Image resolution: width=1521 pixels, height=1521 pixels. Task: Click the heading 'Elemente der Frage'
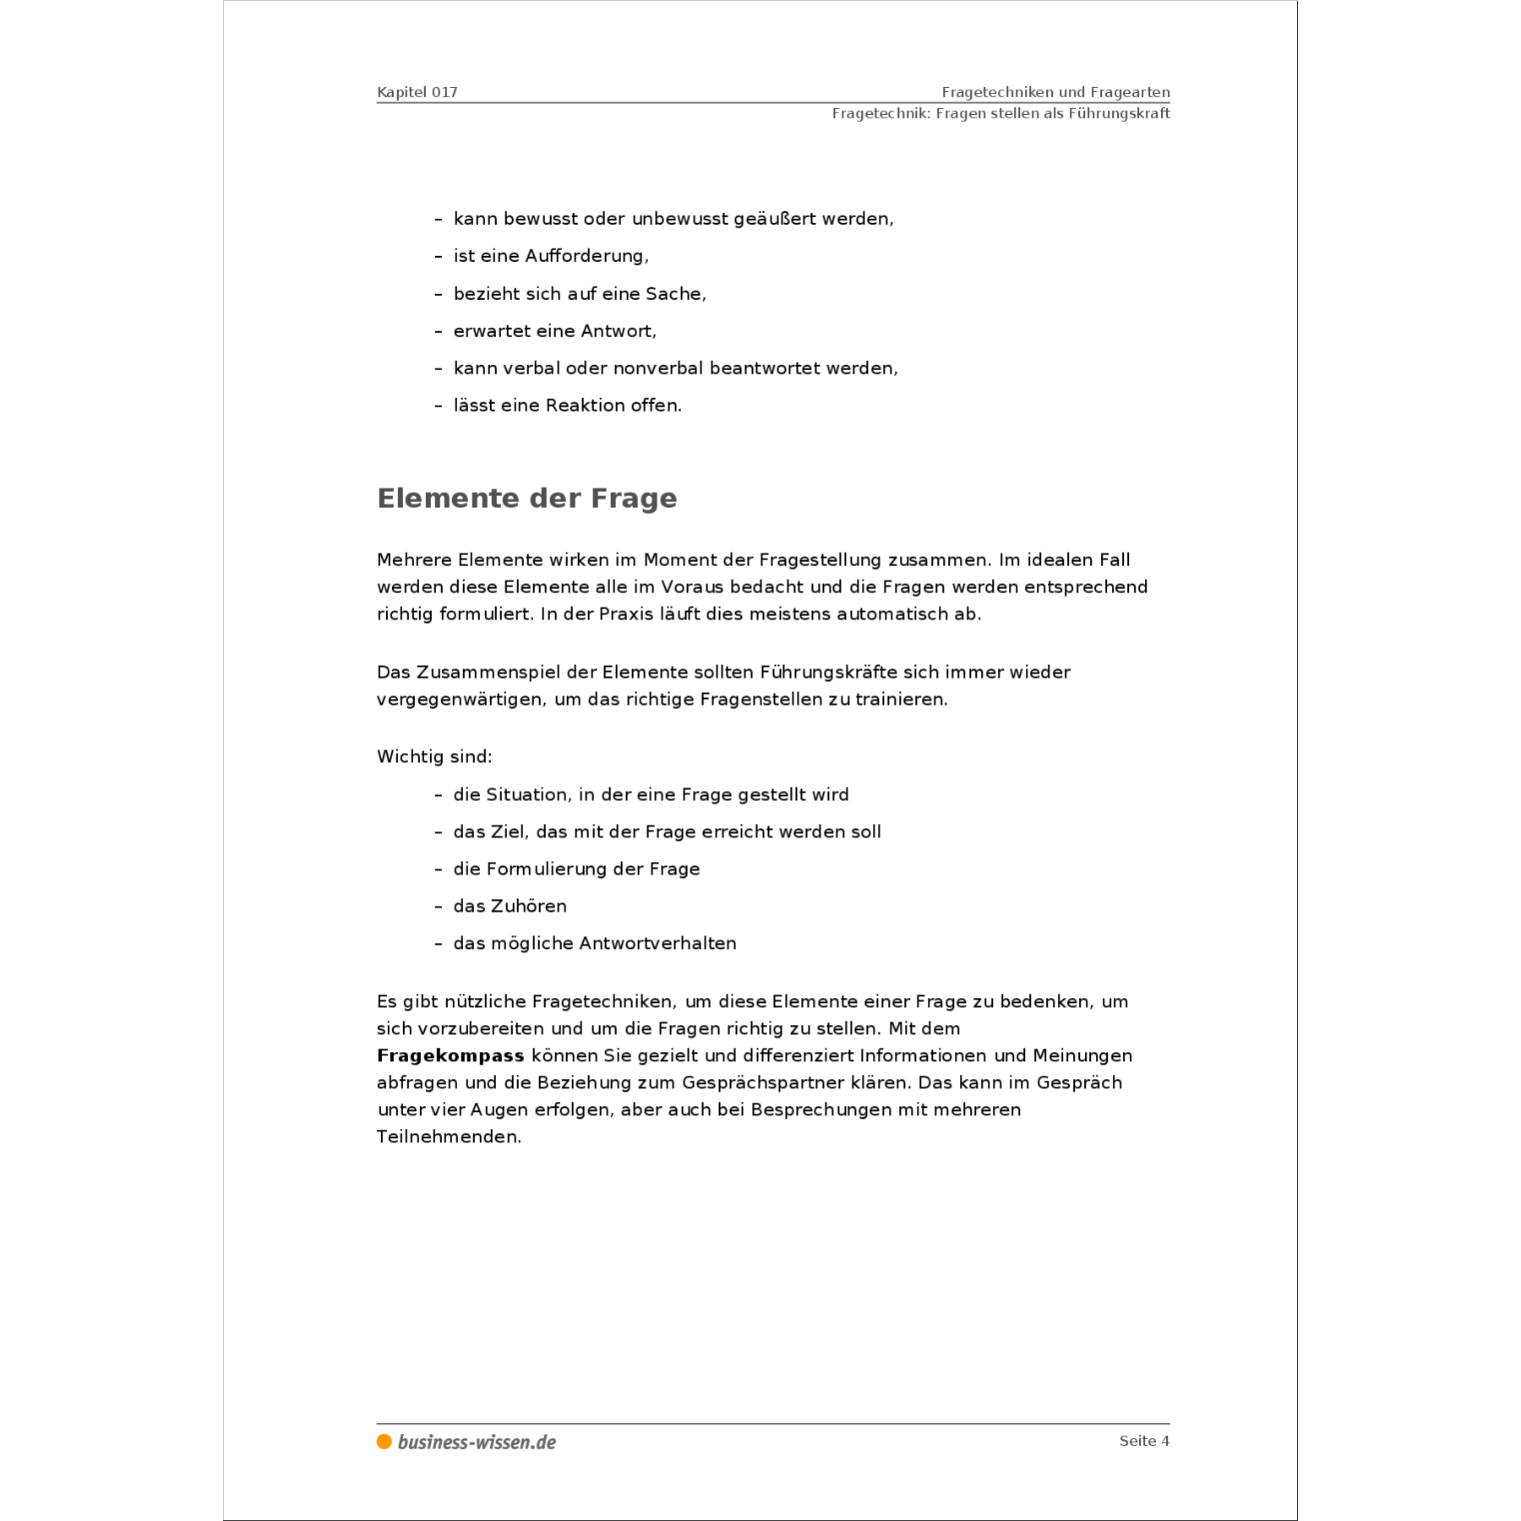click(526, 499)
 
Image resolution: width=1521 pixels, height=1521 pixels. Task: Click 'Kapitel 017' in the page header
click(417, 92)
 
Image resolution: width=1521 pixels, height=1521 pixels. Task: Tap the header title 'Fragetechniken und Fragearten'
click(1055, 92)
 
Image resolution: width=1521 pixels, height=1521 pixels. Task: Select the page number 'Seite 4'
click(1144, 1441)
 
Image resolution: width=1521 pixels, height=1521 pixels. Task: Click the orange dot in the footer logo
click(384, 1442)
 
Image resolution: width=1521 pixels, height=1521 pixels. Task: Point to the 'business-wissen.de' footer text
click(477, 1442)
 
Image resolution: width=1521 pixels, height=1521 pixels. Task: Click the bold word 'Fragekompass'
click(450, 1055)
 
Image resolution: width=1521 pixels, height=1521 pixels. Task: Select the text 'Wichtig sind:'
click(434, 756)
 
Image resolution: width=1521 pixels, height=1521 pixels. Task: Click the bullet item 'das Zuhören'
click(510, 906)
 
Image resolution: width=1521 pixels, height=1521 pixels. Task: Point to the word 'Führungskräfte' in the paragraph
click(828, 673)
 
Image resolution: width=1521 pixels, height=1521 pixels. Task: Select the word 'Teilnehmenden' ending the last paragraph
click(447, 1137)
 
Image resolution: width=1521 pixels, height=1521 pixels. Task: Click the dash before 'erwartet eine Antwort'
click(439, 331)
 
